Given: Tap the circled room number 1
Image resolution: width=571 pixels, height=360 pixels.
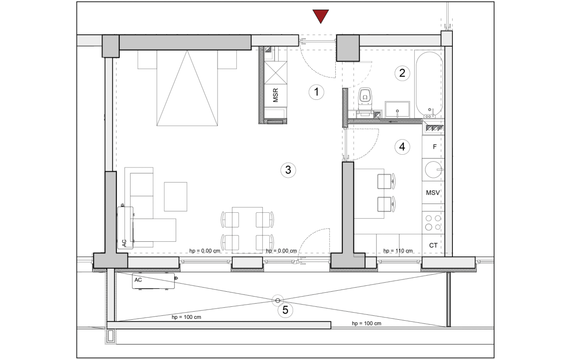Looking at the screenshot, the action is point(316,92).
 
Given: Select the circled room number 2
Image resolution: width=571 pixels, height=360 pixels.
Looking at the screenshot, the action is point(402,73).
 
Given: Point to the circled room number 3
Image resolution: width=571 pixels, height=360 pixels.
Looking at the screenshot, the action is point(288,170).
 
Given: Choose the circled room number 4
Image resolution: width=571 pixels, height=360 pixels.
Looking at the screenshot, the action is point(402,147).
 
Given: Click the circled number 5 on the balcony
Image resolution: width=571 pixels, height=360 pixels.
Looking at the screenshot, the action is point(285,310).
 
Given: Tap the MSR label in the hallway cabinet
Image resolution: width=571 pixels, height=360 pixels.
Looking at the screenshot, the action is point(275,95).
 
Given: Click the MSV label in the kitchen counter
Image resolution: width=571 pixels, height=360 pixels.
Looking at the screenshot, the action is point(433,193).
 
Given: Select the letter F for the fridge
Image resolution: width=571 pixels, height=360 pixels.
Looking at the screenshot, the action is point(435,147).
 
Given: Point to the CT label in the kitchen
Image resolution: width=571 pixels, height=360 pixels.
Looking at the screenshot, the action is point(433,245).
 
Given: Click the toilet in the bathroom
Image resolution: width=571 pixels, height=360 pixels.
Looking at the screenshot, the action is point(365,99).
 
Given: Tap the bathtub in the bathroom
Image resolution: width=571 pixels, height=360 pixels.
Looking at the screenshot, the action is point(429,84).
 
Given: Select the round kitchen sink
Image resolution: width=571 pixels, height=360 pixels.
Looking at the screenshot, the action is point(433,170).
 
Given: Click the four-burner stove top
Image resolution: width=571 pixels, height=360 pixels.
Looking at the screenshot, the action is point(433,223).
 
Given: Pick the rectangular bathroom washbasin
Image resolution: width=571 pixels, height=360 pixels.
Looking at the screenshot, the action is point(397,109).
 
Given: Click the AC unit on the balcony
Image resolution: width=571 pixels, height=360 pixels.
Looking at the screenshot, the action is point(154,281).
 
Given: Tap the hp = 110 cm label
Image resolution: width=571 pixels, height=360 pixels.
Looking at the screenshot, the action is point(398,251).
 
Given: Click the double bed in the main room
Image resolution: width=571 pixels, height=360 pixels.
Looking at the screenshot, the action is point(187,88).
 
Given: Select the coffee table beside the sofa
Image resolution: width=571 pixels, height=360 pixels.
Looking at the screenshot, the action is point(175,196).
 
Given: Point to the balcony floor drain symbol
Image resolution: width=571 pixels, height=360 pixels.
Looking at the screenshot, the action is point(278,301).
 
